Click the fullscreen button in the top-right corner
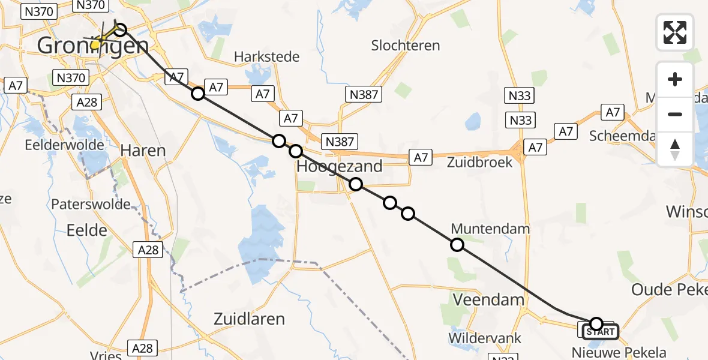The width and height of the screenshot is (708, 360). coord(675,32)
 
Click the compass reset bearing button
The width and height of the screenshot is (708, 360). coord(675,149)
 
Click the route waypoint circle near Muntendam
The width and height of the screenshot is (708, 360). coord(457,244)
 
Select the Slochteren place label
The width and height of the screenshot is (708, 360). coord(405,46)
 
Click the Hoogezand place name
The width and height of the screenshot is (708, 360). coord(340,167)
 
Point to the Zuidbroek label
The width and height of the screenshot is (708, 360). coord(480,162)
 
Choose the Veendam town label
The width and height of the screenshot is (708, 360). coord(488,299)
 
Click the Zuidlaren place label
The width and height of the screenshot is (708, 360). coord(249,319)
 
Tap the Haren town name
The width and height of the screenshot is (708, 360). coord(143,150)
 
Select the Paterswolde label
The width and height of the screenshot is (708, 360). coord(91,204)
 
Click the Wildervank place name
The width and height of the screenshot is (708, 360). coord(485,338)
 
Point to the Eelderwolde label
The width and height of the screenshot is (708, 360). coord(57,145)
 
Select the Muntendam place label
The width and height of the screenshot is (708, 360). coord(490,229)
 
